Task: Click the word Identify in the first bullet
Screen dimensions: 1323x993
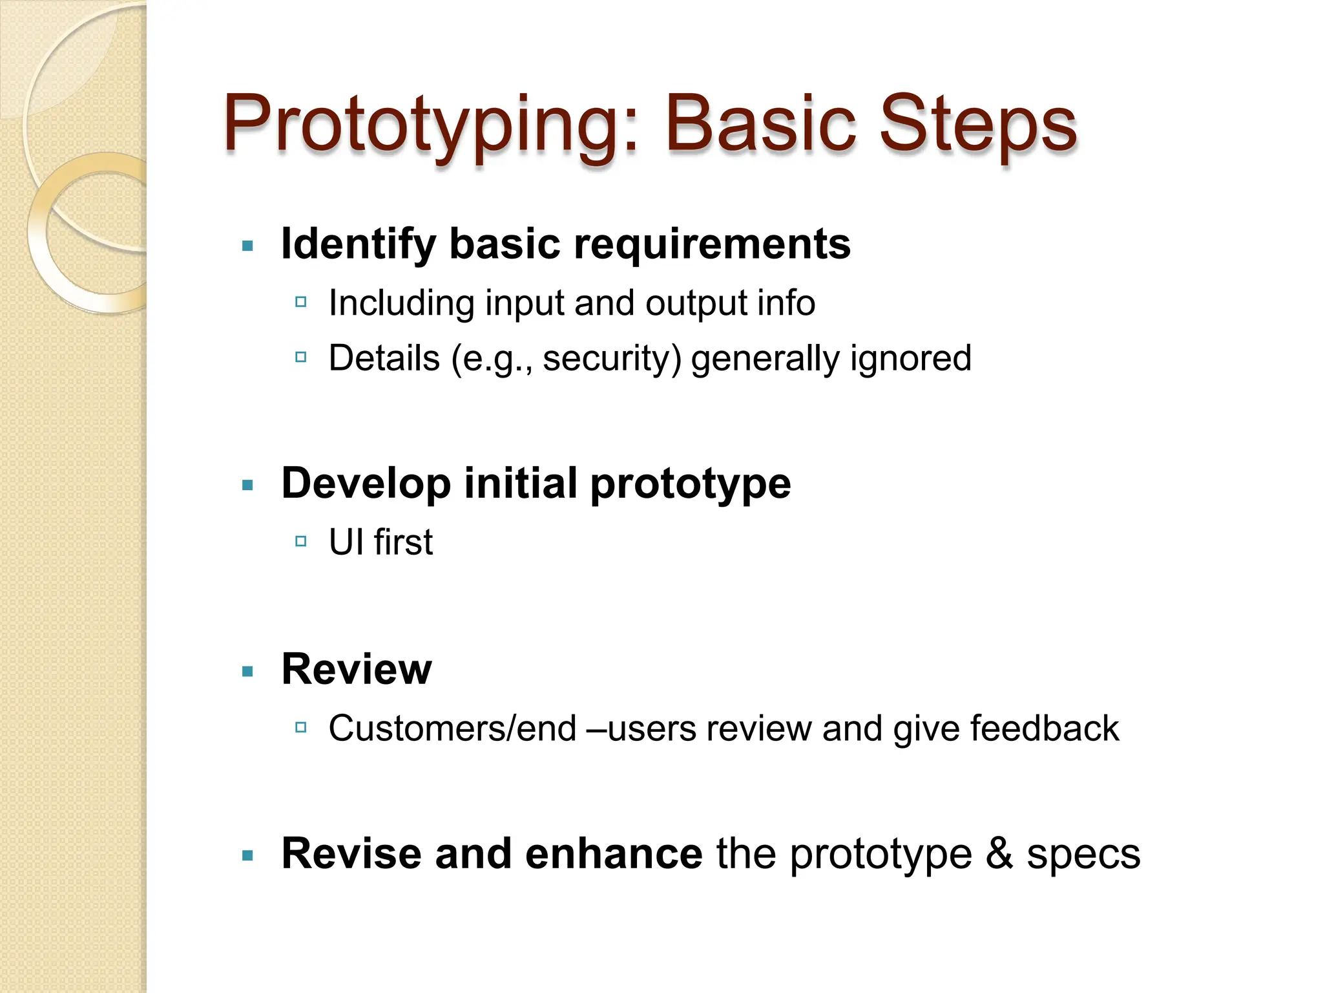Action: click(x=359, y=244)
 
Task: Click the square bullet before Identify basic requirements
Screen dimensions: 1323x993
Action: click(x=247, y=246)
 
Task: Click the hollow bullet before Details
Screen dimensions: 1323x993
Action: click(x=300, y=357)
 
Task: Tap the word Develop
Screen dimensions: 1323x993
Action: click(x=366, y=484)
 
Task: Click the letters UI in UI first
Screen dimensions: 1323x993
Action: click(x=346, y=542)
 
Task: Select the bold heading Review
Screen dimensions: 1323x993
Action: click(x=357, y=669)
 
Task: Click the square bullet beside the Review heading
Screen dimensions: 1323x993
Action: click(x=247, y=672)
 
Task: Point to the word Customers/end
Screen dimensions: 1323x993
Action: click(x=452, y=729)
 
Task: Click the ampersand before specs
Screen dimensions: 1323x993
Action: click(x=999, y=854)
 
